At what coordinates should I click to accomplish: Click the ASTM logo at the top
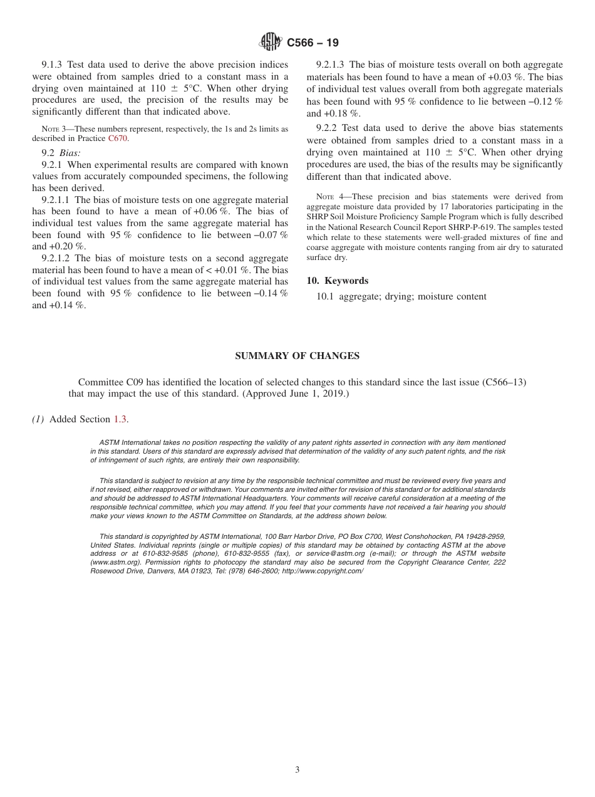click(271, 43)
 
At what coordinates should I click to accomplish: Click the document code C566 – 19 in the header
click(313, 43)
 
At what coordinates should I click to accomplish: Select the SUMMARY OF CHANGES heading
click(297, 356)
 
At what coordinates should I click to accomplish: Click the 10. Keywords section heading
click(338, 281)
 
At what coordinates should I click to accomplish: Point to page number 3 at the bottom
click(297, 770)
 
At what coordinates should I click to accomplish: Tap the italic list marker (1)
click(39, 419)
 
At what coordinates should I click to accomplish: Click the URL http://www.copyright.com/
click(323, 571)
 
